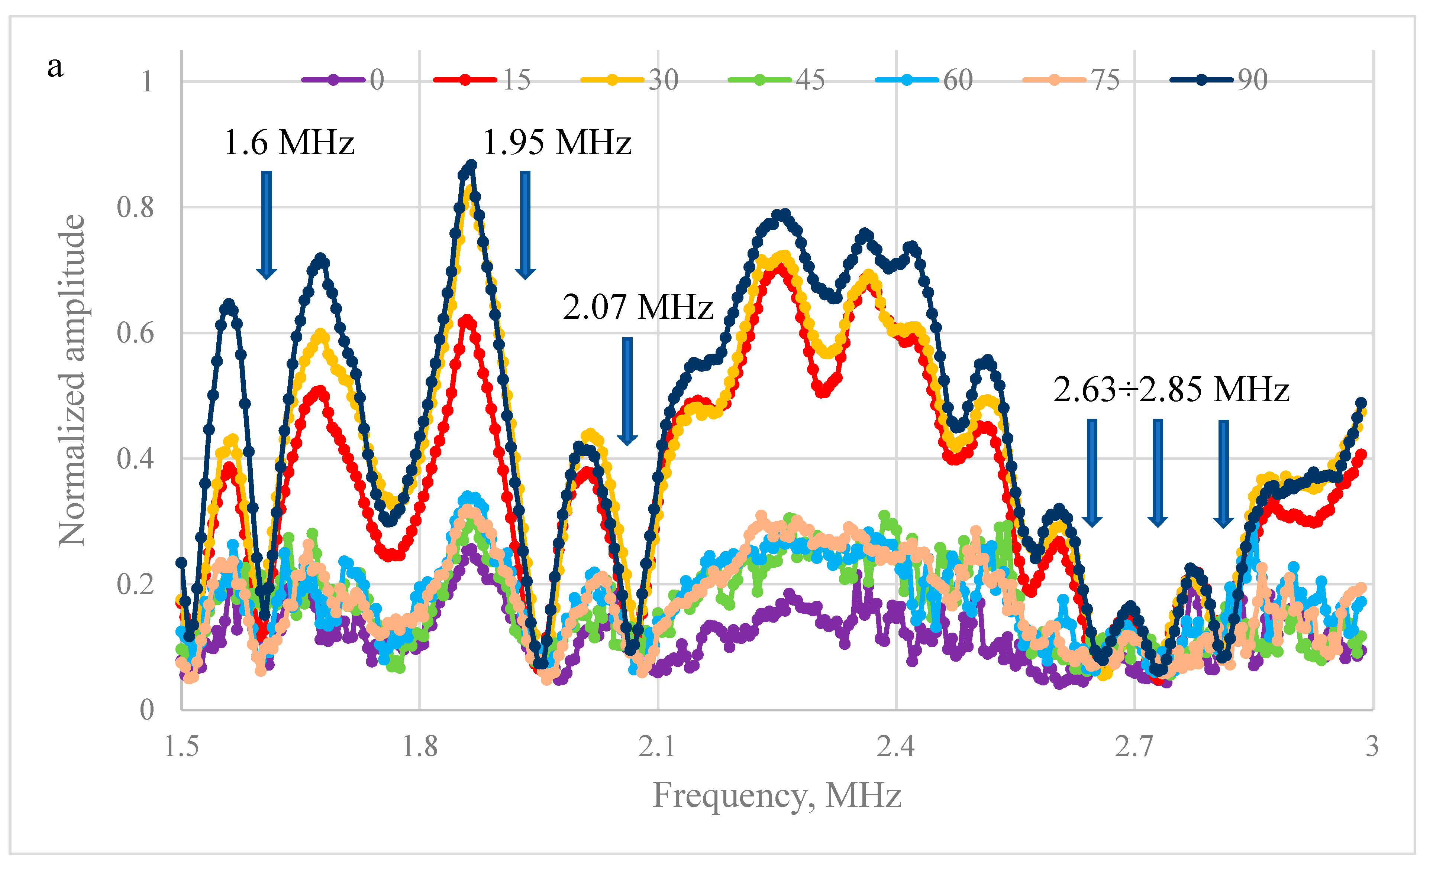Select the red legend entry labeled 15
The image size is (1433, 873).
(483, 79)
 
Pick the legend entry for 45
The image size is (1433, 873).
(777, 79)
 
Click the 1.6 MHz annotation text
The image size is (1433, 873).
(289, 142)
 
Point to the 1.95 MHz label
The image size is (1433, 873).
(557, 142)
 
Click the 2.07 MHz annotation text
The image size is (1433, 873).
(638, 307)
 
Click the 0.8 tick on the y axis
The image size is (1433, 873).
(136, 208)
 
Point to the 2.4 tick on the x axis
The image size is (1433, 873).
(895, 746)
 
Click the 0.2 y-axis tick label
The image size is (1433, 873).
(136, 584)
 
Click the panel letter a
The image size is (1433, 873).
(55, 67)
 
